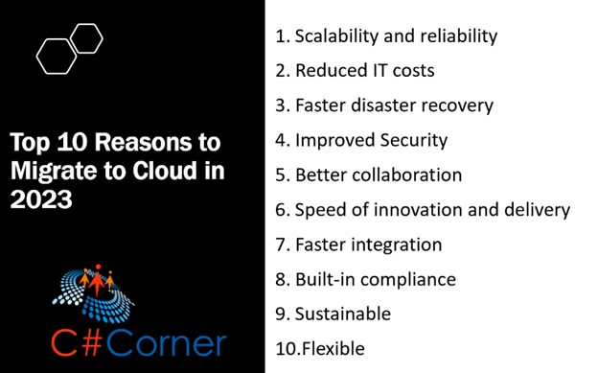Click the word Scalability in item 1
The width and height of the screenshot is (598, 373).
tap(334, 36)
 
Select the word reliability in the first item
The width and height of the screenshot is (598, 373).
tap(454, 36)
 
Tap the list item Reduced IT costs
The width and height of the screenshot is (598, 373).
tap(355, 71)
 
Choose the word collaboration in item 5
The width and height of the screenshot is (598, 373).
tap(402, 175)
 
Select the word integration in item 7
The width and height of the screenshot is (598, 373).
tap(394, 245)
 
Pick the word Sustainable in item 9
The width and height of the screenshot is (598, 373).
tap(342, 314)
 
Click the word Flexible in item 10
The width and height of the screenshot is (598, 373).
tap(333, 348)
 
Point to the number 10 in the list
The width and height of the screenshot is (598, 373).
tap(286, 348)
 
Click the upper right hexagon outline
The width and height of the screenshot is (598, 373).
tap(86, 38)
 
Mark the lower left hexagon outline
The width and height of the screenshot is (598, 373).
tap(57, 56)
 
